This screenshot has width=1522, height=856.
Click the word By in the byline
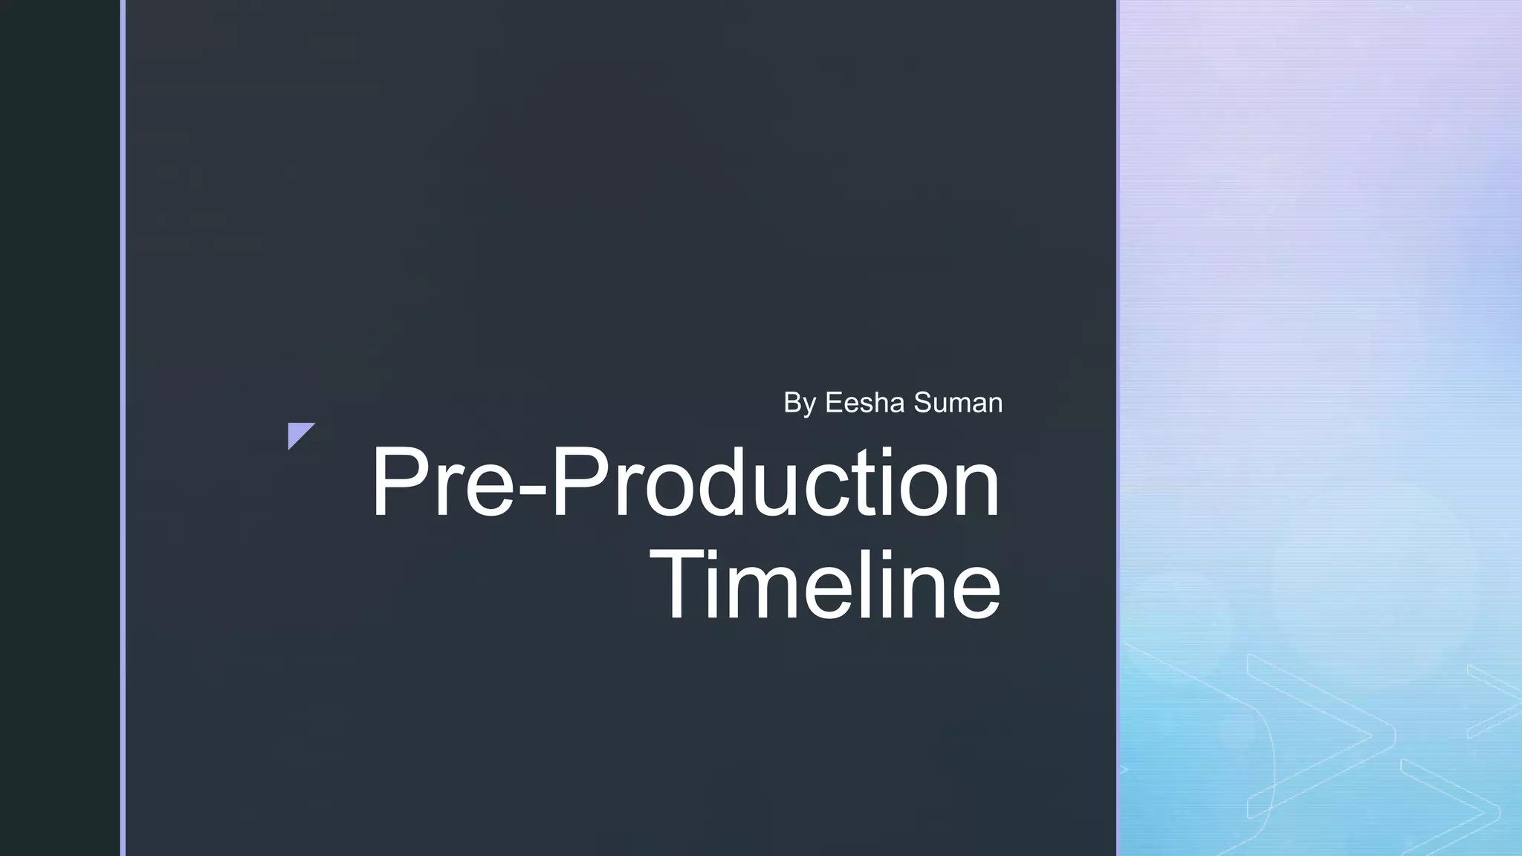(800, 403)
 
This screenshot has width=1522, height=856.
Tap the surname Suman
(958, 403)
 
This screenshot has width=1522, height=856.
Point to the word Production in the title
(777, 482)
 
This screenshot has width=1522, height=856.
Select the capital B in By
(792, 403)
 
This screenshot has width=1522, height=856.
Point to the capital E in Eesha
(834, 403)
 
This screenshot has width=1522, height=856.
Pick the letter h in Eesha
(885, 403)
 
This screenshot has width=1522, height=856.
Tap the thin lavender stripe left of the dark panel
(123, 428)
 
